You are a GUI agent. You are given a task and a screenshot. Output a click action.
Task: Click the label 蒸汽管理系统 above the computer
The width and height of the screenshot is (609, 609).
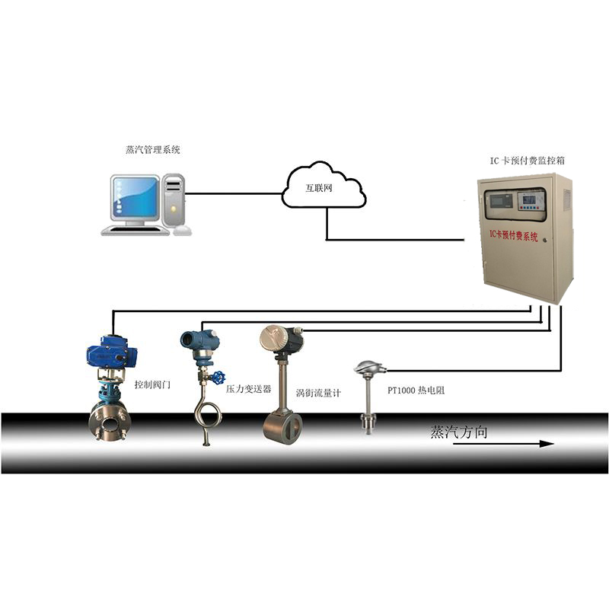(x=153, y=149)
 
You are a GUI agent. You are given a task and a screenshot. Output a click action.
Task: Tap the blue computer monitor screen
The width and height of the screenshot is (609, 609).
(x=136, y=199)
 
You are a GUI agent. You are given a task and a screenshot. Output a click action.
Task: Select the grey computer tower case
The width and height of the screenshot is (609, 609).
(x=174, y=201)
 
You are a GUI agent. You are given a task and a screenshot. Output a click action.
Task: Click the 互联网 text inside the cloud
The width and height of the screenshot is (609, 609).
(x=319, y=188)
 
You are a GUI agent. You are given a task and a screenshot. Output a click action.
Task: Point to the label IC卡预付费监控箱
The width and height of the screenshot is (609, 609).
(x=527, y=161)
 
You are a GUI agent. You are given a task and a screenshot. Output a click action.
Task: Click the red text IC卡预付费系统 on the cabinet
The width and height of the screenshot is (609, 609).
(x=513, y=235)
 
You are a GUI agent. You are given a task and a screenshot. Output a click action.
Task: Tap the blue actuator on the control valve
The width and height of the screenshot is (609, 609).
(x=111, y=352)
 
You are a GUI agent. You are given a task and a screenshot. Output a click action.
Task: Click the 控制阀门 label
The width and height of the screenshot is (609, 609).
(x=152, y=384)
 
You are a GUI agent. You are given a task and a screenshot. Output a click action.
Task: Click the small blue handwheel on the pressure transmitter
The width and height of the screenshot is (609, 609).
(x=218, y=376)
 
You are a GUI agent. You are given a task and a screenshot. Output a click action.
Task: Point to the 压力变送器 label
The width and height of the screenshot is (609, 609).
(x=249, y=389)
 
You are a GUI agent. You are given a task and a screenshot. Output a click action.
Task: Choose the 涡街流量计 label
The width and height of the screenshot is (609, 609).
(x=318, y=393)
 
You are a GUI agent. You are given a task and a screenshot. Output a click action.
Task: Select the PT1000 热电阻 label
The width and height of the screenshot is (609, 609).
(x=416, y=390)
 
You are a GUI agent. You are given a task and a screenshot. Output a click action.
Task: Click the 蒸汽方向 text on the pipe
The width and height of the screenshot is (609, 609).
(x=459, y=432)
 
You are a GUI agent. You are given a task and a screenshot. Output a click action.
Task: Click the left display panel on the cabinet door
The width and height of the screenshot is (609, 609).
(x=499, y=201)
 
